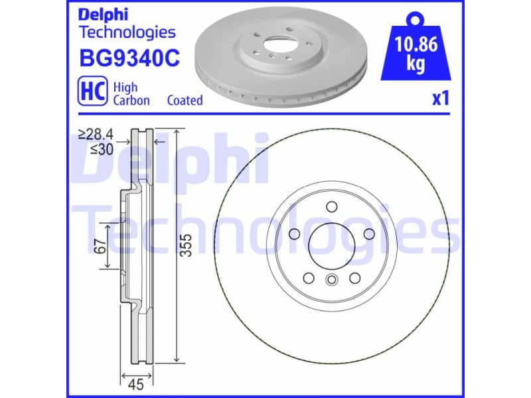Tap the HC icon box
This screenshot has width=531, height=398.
(x=93, y=93)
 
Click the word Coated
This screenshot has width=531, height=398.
(x=185, y=101)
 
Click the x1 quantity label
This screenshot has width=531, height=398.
(x=441, y=99)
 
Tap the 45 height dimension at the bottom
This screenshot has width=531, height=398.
(x=137, y=383)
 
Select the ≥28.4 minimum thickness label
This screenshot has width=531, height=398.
(x=96, y=135)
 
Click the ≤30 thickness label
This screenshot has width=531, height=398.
(x=101, y=149)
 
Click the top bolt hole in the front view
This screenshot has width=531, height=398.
(x=330, y=207)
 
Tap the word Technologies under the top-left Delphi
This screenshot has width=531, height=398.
(x=127, y=32)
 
